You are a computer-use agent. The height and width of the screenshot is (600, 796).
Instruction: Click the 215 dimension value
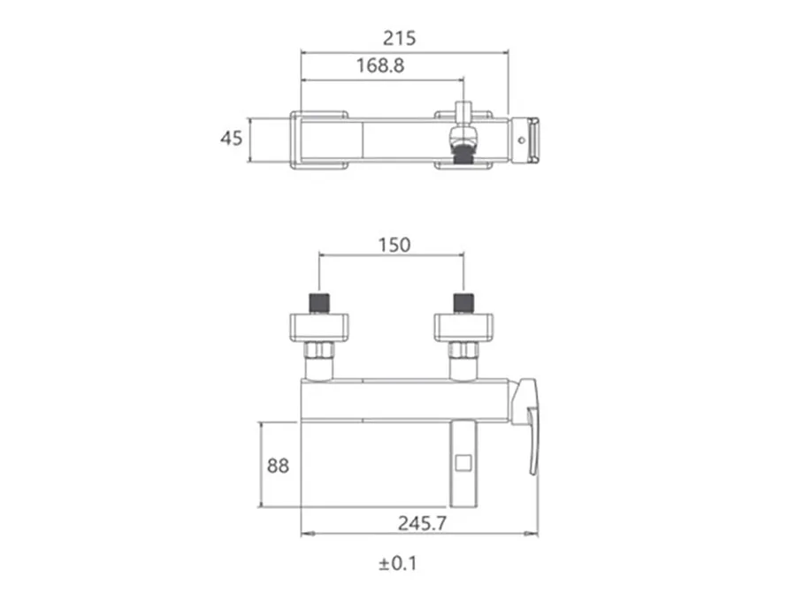tap(399, 39)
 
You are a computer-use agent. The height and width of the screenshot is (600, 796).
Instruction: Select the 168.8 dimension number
tap(380, 66)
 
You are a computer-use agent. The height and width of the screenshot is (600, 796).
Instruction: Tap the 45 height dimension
tap(231, 138)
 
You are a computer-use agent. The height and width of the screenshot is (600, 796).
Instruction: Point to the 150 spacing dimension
tap(394, 246)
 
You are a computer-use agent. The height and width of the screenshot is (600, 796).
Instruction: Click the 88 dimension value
tap(278, 466)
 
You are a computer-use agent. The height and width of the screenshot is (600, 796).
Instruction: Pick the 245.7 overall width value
tap(423, 523)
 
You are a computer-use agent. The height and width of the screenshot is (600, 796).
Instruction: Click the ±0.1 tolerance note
tap(397, 564)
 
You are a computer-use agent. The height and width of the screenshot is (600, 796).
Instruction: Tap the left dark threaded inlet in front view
tap(318, 303)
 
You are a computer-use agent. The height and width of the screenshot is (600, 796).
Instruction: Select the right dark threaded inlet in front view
tap(463, 303)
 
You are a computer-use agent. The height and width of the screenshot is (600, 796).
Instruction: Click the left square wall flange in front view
tap(319, 327)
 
